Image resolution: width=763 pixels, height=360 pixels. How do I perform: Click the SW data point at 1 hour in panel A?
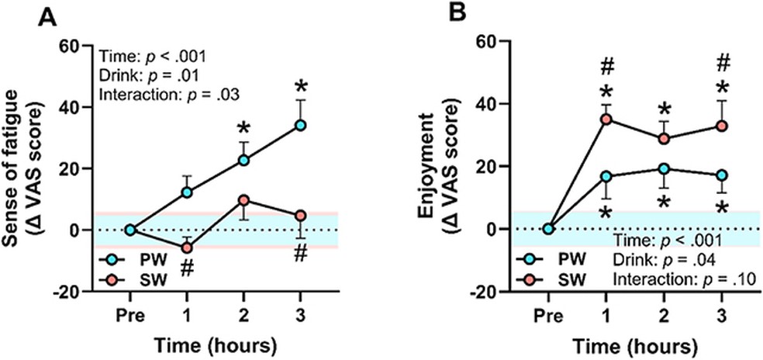(x=186, y=247)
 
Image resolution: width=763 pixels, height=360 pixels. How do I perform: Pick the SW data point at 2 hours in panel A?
(x=244, y=200)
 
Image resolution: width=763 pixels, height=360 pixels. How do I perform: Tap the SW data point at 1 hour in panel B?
(x=606, y=119)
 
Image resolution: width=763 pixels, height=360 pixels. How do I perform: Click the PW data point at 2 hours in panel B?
(x=664, y=168)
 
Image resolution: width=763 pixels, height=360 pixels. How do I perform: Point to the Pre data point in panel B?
(x=548, y=229)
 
